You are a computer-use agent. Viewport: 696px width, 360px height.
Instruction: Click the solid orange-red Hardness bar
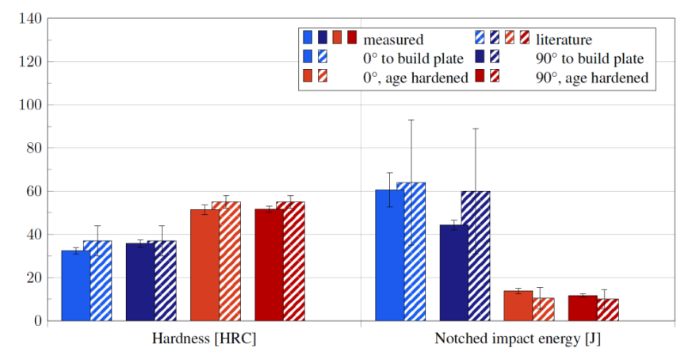pos(205,265)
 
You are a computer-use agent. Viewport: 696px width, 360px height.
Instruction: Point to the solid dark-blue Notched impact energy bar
pos(454,273)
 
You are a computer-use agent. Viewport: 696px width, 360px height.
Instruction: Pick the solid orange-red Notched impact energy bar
pos(518,306)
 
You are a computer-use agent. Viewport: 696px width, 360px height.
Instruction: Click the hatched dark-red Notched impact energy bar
pos(608,310)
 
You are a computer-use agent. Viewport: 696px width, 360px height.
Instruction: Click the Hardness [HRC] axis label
pos(204,339)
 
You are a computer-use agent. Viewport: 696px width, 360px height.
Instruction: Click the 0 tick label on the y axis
pos(36,321)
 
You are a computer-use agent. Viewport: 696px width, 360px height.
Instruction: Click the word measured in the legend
pos(393,38)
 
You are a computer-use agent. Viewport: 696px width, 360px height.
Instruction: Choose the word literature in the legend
pos(564,38)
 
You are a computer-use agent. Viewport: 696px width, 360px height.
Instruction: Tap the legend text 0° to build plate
pos(413,58)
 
